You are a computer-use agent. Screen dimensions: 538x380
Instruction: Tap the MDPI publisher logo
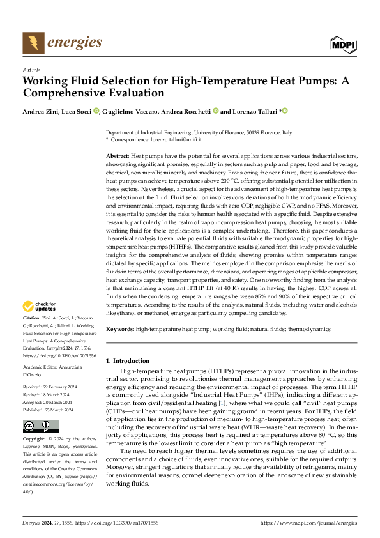pyautogui.click(x=342, y=43)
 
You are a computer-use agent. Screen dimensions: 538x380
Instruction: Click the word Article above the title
pyautogui.click(x=31, y=69)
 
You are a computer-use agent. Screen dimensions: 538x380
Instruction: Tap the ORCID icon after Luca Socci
pyautogui.click(x=97, y=111)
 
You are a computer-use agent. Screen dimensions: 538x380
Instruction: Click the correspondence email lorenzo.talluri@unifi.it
pyautogui.click(x=177, y=139)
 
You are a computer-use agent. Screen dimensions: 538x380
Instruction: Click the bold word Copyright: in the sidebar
pyautogui.click(x=34, y=440)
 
